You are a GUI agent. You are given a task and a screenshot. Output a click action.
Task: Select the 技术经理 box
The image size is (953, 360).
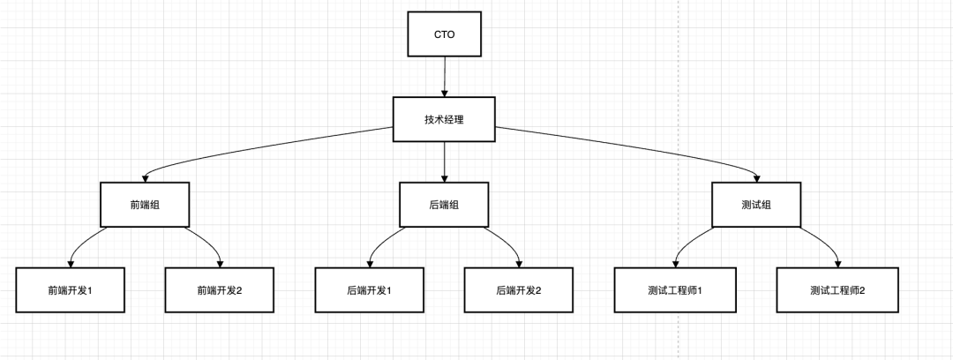444,118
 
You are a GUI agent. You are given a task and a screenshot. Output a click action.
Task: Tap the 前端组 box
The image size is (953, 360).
145,205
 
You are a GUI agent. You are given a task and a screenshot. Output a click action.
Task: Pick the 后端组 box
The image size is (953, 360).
444,205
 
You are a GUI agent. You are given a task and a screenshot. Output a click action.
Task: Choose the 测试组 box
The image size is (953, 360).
757,205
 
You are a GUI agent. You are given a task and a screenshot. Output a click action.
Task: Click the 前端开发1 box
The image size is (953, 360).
70,289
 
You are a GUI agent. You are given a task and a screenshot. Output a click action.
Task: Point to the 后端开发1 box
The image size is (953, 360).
369,289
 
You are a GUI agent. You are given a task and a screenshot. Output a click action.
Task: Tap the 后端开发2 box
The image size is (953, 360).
518,289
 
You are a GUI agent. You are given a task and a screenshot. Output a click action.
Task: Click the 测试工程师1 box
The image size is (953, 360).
674,289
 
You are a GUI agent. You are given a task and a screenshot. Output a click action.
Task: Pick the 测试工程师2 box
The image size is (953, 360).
837,289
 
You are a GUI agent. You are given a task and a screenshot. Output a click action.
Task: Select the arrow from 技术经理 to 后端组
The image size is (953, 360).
444,161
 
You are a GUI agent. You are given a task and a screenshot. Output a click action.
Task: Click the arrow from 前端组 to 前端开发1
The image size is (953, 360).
82,243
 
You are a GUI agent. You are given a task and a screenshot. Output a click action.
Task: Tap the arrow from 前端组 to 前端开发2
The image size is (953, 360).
208,243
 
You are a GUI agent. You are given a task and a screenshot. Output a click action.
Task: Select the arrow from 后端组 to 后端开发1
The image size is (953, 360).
381,243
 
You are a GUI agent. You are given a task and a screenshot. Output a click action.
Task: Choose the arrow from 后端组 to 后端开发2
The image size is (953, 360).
507,243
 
